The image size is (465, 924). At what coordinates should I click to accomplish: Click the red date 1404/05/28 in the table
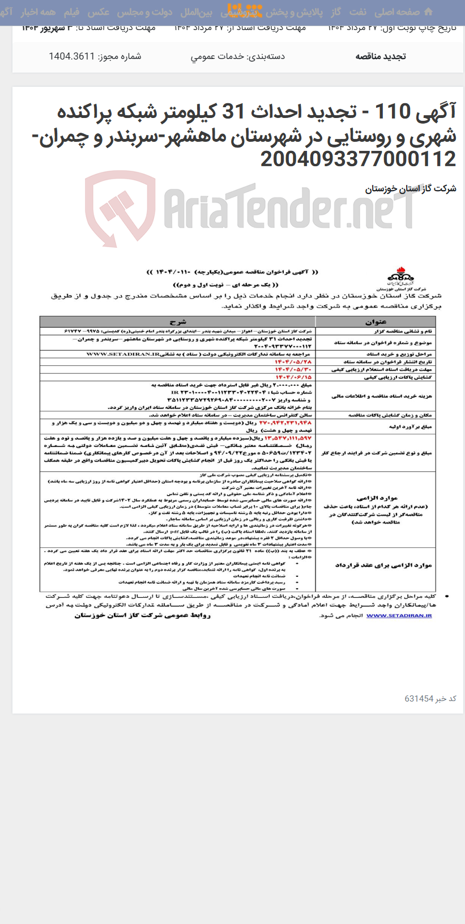293,361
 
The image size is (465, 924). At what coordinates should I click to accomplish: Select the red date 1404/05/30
293,369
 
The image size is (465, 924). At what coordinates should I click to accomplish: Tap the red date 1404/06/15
293,377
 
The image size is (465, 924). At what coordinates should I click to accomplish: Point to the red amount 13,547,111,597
288,438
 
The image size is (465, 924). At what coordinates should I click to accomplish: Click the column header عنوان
376,322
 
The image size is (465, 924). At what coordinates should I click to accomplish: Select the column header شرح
177,322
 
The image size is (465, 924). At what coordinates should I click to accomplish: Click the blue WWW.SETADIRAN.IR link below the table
399,615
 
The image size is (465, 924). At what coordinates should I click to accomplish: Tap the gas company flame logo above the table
400,277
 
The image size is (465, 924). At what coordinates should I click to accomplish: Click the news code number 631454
419,699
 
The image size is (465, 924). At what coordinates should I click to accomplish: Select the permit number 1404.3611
71,56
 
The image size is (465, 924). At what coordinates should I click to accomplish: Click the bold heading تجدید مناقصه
380,56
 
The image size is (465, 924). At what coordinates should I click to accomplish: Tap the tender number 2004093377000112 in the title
358,159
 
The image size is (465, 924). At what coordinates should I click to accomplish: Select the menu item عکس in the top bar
99,12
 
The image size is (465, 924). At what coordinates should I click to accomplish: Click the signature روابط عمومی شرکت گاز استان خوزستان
143,615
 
